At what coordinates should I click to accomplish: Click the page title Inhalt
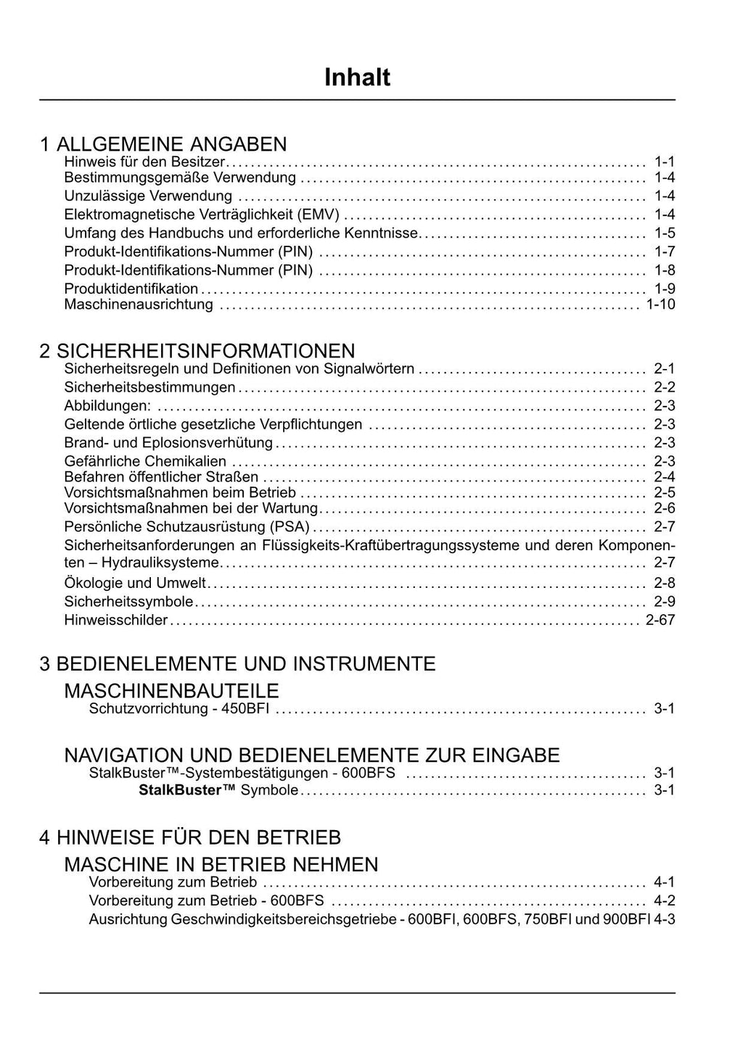(x=357, y=78)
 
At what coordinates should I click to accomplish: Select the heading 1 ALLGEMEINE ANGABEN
(x=163, y=144)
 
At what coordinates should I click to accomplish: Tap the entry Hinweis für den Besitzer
(x=145, y=162)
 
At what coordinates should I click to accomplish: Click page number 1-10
(x=660, y=304)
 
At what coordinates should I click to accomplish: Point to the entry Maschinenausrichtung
(x=139, y=304)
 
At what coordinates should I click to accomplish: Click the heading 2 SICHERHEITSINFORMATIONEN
(x=197, y=351)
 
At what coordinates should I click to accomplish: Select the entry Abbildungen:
(x=107, y=406)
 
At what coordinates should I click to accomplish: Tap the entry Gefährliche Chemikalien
(x=145, y=462)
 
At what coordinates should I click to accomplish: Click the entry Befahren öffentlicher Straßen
(x=161, y=477)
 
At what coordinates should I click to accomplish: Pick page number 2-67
(x=660, y=621)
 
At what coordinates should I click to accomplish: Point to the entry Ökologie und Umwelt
(x=135, y=583)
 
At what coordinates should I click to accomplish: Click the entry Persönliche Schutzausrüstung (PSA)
(x=186, y=527)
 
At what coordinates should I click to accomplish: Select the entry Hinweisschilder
(x=116, y=621)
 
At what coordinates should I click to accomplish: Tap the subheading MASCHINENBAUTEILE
(x=171, y=690)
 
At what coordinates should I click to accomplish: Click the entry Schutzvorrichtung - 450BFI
(x=178, y=709)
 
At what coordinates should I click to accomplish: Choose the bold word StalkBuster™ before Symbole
(x=187, y=790)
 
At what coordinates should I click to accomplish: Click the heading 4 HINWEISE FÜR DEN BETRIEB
(x=190, y=837)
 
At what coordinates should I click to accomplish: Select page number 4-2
(x=664, y=901)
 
